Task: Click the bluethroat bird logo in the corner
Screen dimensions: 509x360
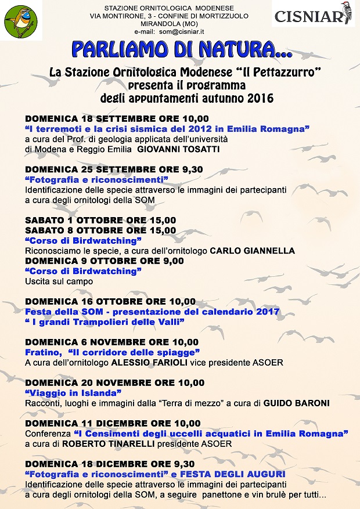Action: click(x=20, y=20)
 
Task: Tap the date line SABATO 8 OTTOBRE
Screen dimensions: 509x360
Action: click(x=100, y=230)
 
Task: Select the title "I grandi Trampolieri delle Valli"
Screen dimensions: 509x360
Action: click(x=105, y=322)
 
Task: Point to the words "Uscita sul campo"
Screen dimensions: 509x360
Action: click(x=59, y=281)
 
